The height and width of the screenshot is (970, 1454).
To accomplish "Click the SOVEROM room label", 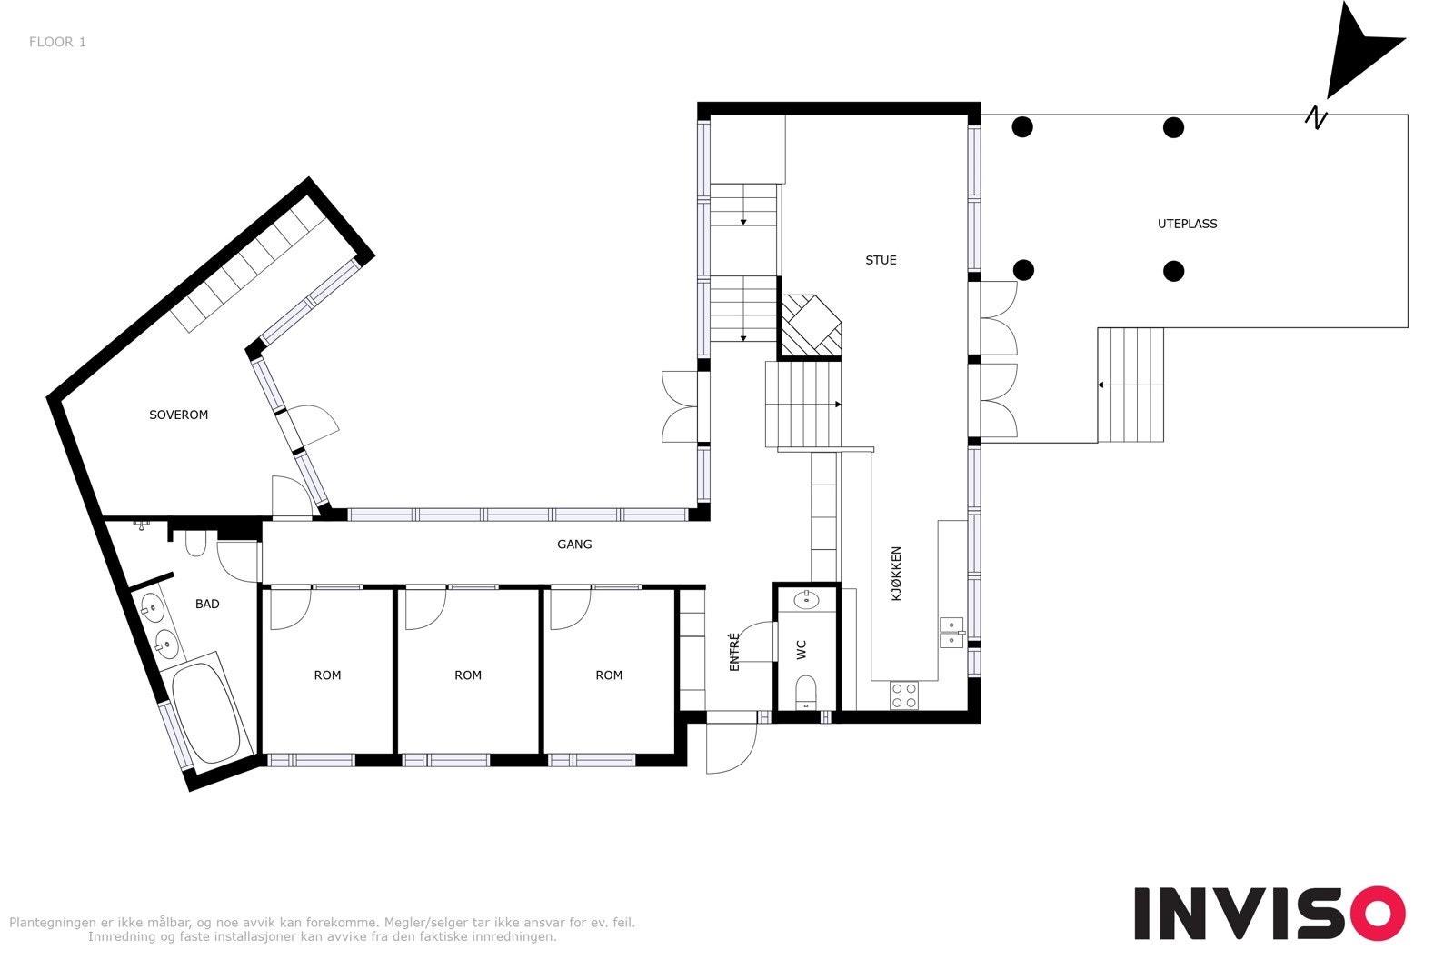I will coord(179,415).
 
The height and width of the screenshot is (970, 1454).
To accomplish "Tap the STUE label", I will coord(881,260).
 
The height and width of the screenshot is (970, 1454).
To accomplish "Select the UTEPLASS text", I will coord(1187,224).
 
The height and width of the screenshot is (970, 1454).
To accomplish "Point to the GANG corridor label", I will coord(574,545).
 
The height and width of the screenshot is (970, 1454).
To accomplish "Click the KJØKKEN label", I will coord(896,573).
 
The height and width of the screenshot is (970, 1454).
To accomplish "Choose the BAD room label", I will coord(207,604).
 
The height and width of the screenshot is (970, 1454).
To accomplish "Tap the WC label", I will coord(802,649).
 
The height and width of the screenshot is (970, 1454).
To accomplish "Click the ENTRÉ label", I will coord(734,652).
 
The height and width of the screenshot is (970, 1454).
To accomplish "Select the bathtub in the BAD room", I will coord(206,712).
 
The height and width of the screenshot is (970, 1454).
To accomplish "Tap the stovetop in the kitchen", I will coord(904,695).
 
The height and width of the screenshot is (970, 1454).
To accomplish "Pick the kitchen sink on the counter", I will coord(951,632).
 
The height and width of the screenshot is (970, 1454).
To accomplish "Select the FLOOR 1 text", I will coord(57,42).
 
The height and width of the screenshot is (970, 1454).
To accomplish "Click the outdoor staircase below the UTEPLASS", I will coord(1130,385).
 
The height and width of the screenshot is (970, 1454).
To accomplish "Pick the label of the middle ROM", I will coord(468,675).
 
